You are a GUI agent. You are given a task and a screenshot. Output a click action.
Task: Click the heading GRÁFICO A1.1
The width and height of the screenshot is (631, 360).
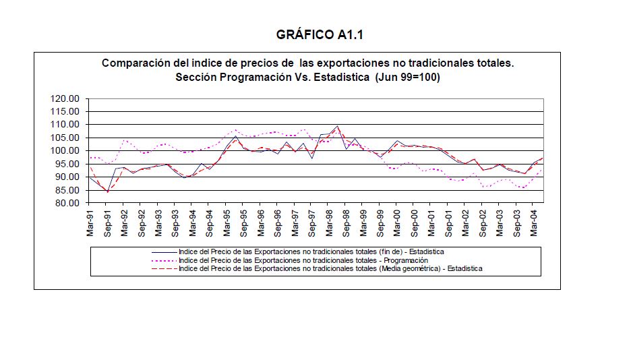(315, 34)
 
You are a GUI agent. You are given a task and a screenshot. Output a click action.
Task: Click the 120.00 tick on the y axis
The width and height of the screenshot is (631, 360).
(65, 98)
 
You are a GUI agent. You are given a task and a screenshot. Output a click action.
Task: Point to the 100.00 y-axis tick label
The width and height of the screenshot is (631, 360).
(65, 150)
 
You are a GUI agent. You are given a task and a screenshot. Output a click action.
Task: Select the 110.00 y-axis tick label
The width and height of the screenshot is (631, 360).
(65, 125)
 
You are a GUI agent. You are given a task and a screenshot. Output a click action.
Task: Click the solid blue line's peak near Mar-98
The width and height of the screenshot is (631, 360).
(337, 126)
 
